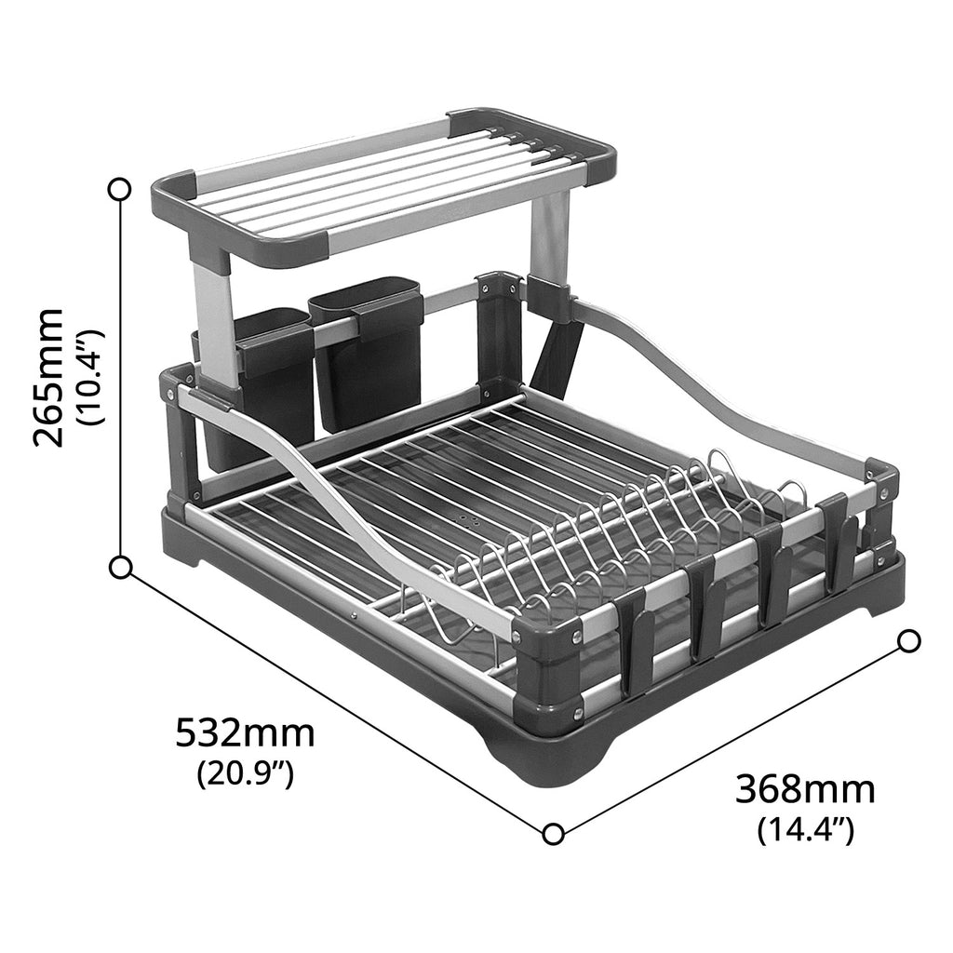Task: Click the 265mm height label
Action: click(x=48, y=377)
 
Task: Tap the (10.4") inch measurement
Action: click(x=94, y=377)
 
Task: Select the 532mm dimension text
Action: click(x=245, y=734)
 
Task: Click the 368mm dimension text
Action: click(x=805, y=789)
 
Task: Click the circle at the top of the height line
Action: click(x=119, y=190)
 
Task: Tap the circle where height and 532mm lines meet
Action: click(x=119, y=567)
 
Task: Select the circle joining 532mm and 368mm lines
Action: click(x=553, y=833)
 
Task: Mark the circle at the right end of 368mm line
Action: click(x=909, y=640)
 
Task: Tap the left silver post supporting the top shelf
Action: click(x=216, y=321)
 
